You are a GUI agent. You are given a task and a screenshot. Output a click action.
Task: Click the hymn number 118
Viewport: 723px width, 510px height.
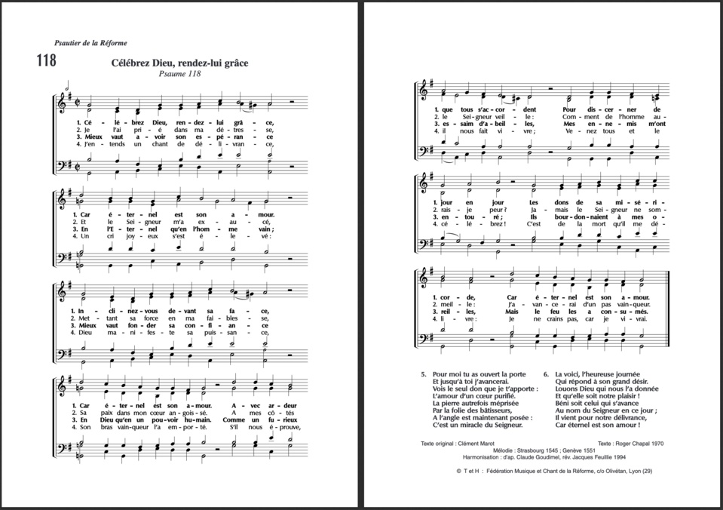coord(45,61)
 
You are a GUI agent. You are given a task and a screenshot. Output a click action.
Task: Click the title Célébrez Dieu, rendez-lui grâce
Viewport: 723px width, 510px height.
coord(179,63)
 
